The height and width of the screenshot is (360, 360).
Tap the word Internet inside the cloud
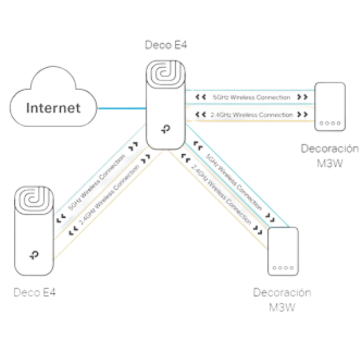point(53,109)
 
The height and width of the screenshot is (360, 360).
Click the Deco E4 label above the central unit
point(166,45)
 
